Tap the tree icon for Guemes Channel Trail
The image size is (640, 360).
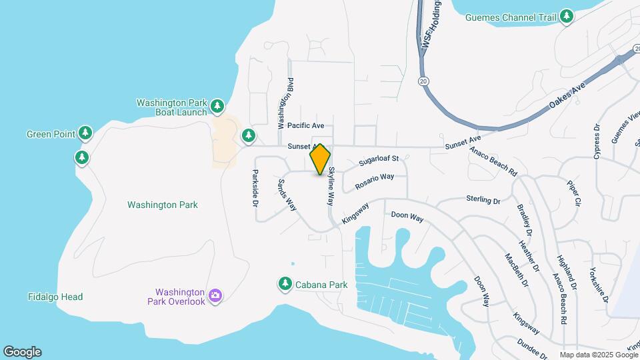[x=567, y=16]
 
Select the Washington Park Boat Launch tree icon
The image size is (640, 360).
[x=217, y=107]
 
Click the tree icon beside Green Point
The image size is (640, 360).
[x=85, y=133]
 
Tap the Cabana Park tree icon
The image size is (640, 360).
[x=285, y=284]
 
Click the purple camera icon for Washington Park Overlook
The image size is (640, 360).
[x=215, y=295]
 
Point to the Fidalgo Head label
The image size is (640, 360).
[x=55, y=297]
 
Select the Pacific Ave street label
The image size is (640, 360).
[x=305, y=125]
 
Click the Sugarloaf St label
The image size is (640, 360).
[x=378, y=160]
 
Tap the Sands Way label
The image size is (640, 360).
[x=287, y=195]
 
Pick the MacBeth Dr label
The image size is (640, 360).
[x=517, y=270]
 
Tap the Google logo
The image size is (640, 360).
[x=22, y=352]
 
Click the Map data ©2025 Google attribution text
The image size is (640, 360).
[x=597, y=355]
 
